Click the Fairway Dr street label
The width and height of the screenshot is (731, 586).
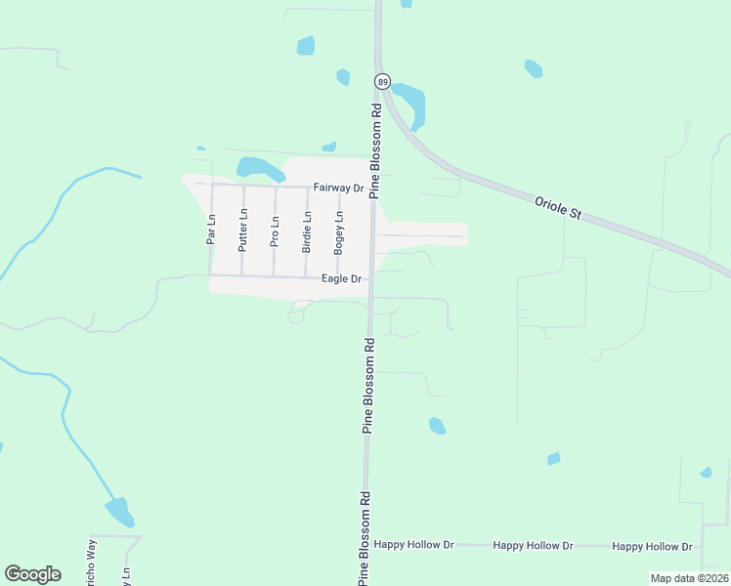(x=338, y=188)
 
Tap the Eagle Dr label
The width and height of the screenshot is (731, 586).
(x=342, y=279)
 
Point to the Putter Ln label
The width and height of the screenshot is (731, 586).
(x=243, y=232)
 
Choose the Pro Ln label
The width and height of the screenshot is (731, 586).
(x=275, y=232)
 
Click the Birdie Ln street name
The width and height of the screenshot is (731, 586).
(x=307, y=231)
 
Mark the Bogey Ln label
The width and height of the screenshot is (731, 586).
(x=338, y=232)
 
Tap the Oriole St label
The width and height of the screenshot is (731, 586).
(x=558, y=207)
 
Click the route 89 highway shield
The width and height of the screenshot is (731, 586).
(x=382, y=81)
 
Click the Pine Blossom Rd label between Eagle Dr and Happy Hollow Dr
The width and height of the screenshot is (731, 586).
(x=368, y=386)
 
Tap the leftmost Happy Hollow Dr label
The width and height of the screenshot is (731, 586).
(x=414, y=545)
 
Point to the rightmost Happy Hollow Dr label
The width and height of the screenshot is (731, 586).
(x=653, y=547)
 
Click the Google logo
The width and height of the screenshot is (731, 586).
(x=32, y=574)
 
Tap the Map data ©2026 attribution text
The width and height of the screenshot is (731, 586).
(x=688, y=578)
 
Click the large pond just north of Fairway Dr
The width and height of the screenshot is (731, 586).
(x=259, y=167)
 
